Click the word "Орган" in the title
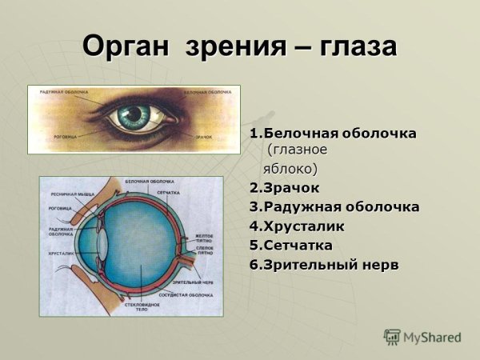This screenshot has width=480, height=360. (x=128, y=46)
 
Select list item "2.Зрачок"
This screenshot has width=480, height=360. (x=284, y=188)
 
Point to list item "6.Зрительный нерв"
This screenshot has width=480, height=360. (x=323, y=264)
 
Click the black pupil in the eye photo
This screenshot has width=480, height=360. (x=132, y=119)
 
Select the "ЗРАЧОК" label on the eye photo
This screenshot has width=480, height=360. (x=203, y=138)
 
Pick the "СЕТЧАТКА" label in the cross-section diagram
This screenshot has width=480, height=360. (x=168, y=194)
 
